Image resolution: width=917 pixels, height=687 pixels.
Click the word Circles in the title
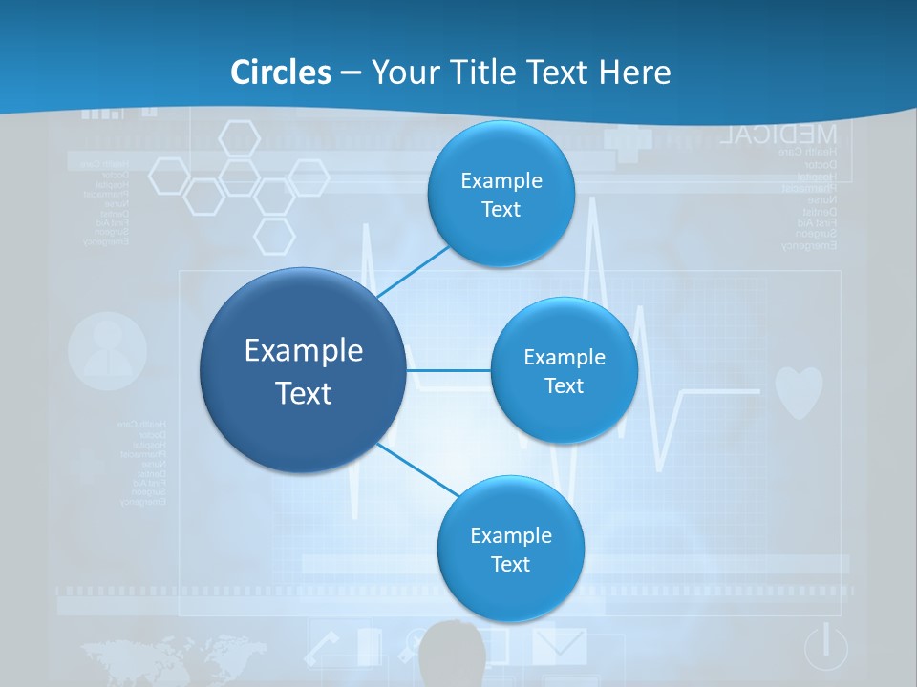coord(281,73)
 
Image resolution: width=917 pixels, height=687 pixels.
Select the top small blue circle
coord(501,194)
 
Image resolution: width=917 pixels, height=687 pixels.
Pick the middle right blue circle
coord(564,370)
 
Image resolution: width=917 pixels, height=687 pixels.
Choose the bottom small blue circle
coord(510,549)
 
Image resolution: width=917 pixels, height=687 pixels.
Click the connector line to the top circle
coord(413,272)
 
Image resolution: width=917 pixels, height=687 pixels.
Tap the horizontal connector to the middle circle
coord(448,370)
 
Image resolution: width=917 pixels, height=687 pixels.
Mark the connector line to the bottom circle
coord(417,468)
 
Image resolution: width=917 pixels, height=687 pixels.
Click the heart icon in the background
coord(798,392)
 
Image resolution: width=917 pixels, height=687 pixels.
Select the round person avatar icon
coord(108,351)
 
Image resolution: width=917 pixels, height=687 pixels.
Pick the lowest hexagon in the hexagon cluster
coord(275,236)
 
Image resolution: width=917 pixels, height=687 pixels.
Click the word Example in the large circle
coord(303,351)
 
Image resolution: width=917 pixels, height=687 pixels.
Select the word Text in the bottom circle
coord(510,564)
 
